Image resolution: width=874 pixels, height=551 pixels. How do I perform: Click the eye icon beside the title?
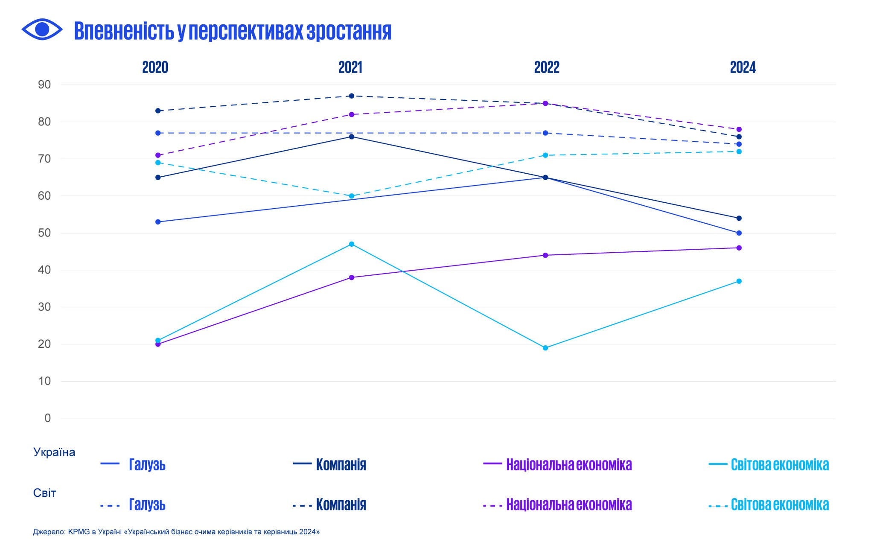pos(42,29)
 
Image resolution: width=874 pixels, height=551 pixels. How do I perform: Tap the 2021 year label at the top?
pos(350,67)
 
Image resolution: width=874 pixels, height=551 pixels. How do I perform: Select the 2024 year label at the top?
pos(743,67)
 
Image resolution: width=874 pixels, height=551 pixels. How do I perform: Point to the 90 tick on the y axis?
pos(44,85)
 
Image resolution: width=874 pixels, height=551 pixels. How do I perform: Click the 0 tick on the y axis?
pos(47,418)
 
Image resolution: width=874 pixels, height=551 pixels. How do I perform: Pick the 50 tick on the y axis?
pos(44,233)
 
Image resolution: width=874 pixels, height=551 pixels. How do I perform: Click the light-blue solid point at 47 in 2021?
pos(352,244)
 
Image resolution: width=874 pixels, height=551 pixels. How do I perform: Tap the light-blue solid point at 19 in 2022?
pos(545,348)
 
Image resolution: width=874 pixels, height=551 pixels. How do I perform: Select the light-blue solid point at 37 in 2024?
pos(739,281)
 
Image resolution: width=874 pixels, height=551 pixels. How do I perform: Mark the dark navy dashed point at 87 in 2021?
pos(352,96)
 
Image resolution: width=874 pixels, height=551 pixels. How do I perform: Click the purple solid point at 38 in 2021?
pos(352,277)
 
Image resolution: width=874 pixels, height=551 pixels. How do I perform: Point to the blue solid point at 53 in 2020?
pos(158,222)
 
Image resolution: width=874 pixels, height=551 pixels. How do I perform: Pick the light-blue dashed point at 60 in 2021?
pos(352,196)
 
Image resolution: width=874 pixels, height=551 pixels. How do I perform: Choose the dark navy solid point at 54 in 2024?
pos(739,218)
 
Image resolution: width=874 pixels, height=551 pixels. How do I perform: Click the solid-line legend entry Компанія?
pos(341,464)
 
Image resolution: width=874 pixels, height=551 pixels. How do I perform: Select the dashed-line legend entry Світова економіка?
pos(779,504)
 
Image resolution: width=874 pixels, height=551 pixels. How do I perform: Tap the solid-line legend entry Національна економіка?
pos(568,464)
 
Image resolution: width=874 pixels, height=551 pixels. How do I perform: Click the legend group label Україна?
pos(54,452)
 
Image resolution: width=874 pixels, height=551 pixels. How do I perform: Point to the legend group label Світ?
pos(44,493)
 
